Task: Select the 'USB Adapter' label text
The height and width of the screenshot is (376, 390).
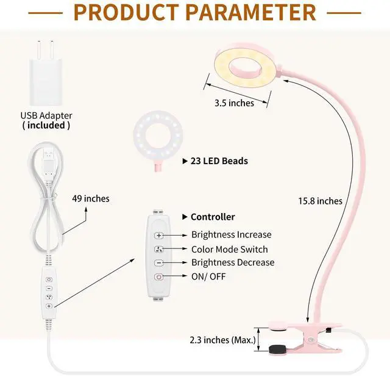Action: point(46,115)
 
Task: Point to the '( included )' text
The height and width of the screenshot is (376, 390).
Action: point(46,125)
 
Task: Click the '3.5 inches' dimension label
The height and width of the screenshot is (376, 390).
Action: point(234,103)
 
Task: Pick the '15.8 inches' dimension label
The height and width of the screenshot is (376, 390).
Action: point(320,200)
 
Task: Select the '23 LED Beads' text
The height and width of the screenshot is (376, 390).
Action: point(219,162)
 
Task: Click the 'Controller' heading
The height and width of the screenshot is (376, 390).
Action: point(212,217)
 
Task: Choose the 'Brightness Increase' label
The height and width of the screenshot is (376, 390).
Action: point(231,234)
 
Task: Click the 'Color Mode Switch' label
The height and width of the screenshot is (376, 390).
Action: point(229,249)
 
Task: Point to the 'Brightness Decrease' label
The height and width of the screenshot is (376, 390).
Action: point(233,262)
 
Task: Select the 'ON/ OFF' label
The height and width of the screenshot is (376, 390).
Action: point(209,277)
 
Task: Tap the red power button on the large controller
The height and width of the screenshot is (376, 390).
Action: point(159,277)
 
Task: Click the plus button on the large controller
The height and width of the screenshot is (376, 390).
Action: point(159,235)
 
